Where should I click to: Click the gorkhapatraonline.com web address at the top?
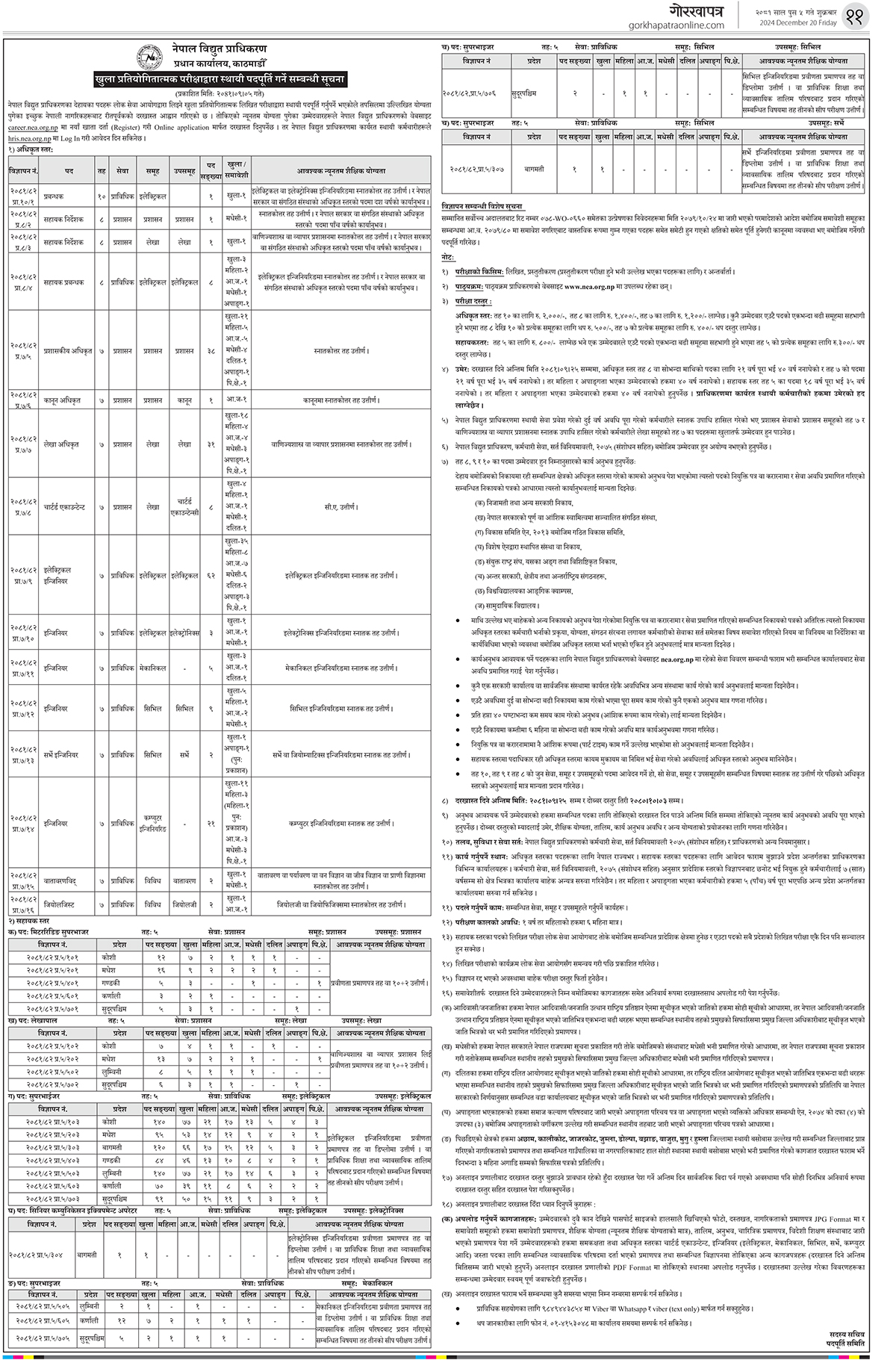(x=681, y=25)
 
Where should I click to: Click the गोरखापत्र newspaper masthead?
(x=688, y=10)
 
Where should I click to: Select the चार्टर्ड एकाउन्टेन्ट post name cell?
(x=69, y=506)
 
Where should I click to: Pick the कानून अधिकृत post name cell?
(x=69, y=400)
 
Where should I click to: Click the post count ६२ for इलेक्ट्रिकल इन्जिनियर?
(x=211, y=576)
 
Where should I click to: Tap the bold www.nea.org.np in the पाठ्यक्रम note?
(x=597, y=285)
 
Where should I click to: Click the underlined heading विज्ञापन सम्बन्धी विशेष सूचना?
(x=483, y=205)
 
